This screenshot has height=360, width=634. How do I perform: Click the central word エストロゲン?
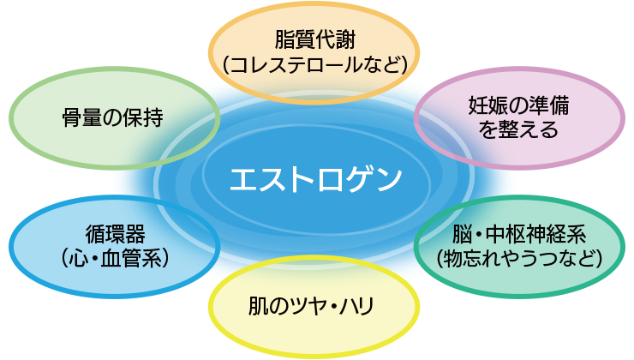(315, 180)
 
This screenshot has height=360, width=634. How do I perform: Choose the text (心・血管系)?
(115, 256)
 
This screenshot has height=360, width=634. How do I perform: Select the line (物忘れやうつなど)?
(519, 256)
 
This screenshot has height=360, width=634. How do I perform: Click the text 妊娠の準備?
(518, 107)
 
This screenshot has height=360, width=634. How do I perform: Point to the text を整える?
(518, 130)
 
